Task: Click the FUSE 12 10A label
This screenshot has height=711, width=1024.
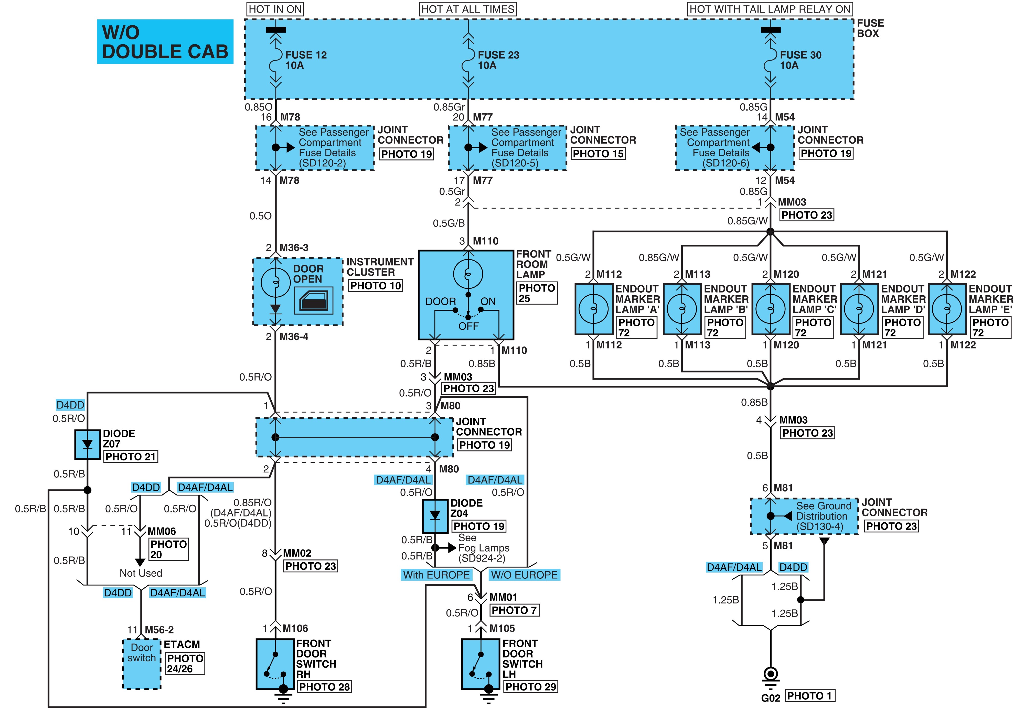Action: pyautogui.click(x=306, y=60)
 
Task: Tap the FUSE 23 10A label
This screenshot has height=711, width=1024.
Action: pyautogui.click(x=498, y=60)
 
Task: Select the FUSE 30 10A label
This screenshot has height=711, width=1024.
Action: pyautogui.click(x=800, y=60)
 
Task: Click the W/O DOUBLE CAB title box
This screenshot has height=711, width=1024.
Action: pyautogui.click(x=165, y=41)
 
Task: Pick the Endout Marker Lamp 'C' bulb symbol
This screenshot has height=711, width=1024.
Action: pyautogui.click(x=771, y=308)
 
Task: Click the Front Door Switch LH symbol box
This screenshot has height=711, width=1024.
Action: pyautogui.click(x=481, y=664)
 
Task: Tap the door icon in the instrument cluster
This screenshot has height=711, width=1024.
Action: pyautogui.click(x=314, y=301)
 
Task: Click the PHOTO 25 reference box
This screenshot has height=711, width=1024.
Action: pyautogui.click(x=537, y=293)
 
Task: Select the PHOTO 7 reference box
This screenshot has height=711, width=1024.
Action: pyautogui.click(x=515, y=610)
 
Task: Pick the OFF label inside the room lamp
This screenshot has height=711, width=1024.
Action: pyautogui.click(x=468, y=326)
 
